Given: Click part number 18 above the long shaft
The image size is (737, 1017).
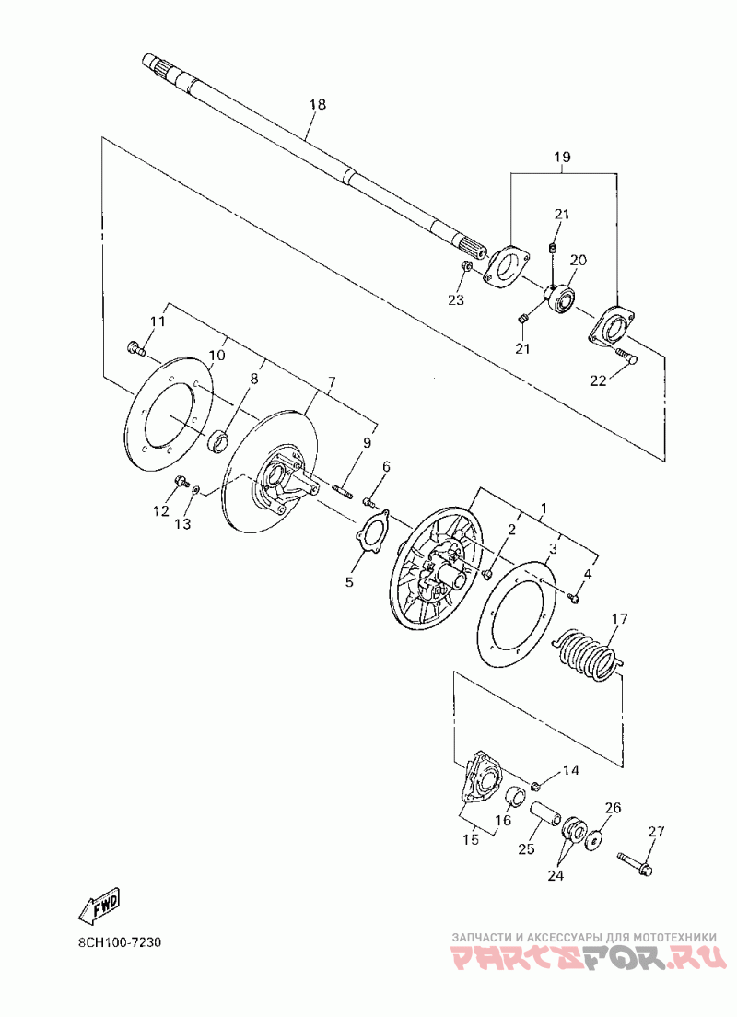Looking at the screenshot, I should coord(317,105).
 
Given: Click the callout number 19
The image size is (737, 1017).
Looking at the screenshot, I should coord(562,158).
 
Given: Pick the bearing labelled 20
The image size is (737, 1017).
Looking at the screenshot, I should coord(560,298).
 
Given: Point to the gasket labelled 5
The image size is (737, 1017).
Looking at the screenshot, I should coord(372,539).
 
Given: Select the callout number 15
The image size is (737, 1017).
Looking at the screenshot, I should coord(471,839).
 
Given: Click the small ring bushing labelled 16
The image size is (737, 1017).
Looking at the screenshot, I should coord(519,796).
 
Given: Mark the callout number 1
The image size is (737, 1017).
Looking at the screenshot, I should coord(544,508).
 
